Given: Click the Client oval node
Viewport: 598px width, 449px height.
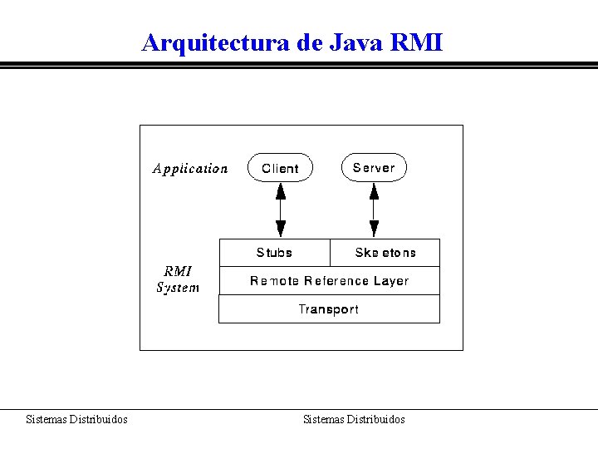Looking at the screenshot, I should [x=280, y=168].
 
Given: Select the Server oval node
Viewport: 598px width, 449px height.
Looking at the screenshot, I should [x=374, y=167].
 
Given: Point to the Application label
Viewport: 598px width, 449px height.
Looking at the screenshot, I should [x=190, y=169].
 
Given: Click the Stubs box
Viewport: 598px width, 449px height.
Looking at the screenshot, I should [x=274, y=253].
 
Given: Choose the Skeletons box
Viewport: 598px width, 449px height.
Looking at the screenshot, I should [x=385, y=253].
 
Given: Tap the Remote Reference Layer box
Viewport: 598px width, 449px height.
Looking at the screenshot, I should [x=329, y=281].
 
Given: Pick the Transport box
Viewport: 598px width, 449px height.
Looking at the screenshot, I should [x=329, y=309].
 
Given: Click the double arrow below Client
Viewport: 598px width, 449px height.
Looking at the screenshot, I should [x=281, y=210].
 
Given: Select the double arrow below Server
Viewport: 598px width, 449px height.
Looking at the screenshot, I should [x=374, y=210].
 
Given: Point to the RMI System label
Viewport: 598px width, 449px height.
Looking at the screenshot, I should [x=178, y=279].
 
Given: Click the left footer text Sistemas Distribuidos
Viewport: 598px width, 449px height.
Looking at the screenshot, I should [x=76, y=420].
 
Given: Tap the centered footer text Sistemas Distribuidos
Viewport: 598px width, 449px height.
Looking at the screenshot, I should [x=354, y=420].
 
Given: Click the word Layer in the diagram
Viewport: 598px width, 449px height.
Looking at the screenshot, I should [x=390, y=281].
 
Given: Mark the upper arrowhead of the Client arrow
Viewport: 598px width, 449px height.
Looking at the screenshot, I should [x=281, y=190].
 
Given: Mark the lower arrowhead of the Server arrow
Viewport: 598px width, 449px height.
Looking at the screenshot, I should [x=374, y=229].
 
